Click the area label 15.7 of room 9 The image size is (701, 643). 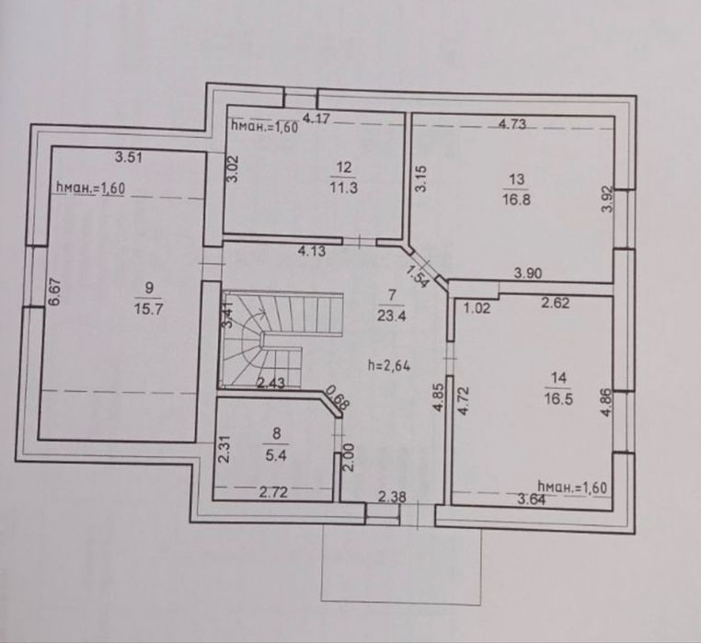(x=148, y=309)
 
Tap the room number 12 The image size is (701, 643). (x=344, y=167)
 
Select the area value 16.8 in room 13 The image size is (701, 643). (x=516, y=199)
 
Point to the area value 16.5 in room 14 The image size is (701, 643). (x=558, y=398)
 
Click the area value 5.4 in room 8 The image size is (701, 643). (x=276, y=456)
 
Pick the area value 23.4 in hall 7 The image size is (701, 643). (x=392, y=316)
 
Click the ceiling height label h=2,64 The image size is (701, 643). (x=389, y=366)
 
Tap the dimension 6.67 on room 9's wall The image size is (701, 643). (x=54, y=293)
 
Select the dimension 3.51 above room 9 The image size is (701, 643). (x=129, y=157)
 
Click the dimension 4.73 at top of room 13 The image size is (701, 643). (x=512, y=124)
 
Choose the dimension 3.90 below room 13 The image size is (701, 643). (x=528, y=273)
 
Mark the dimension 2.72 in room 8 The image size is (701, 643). (x=273, y=492)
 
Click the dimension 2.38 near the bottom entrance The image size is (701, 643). (x=392, y=497)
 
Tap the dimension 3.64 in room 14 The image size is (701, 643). (x=532, y=499)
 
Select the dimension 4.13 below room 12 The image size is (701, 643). (x=312, y=251)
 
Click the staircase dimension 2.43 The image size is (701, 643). (x=270, y=383)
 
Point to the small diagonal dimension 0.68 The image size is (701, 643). (x=337, y=398)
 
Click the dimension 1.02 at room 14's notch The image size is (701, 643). (x=477, y=308)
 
